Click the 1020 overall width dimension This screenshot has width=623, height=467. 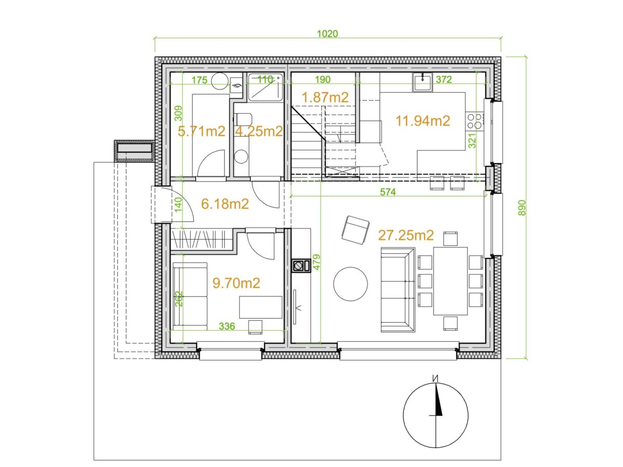click(x=327, y=34)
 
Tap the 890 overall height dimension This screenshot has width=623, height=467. click(x=522, y=208)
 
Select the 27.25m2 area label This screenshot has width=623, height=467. click(x=406, y=235)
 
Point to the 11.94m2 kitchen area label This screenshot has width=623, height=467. click(x=422, y=121)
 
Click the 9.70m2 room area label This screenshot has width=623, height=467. click(x=236, y=283)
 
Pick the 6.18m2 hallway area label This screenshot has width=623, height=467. click(x=225, y=204)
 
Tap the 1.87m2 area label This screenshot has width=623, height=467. click(x=325, y=97)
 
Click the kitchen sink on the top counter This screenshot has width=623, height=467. click(x=422, y=82)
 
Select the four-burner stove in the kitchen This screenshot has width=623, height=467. click(x=475, y=120)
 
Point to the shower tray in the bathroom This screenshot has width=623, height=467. click(x=266, y=87)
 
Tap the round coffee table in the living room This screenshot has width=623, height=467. click(x=350, y=283)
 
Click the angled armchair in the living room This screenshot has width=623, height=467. click(x=356, y=230)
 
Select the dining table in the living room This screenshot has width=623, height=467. click(x=450, y=281)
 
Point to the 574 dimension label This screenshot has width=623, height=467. click(x=387, y=192)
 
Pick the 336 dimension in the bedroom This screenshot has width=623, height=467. click(x=227, y=326)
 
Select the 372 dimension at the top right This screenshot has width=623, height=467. click(x=443, y=79)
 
